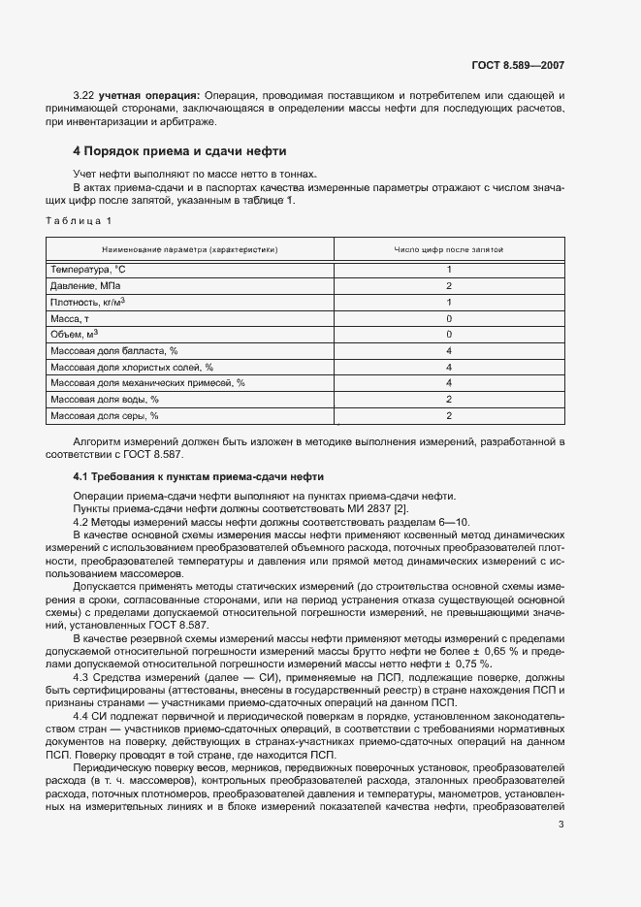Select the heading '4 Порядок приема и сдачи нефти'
tap(179, 152)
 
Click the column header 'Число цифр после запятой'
tap(448, 249)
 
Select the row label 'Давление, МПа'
tap(85, 286)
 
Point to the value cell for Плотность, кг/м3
tap(449, 303)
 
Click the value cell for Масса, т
tap(449, 318)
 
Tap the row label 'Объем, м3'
tap(76, 334)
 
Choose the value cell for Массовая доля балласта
tap(449, 350)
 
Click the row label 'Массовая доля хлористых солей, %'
tap(131, 367)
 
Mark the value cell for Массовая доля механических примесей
tap(449, 383)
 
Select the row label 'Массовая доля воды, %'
tap(104, 399)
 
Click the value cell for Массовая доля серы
tap(449, 415)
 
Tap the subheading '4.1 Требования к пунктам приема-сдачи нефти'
tap(199, 476)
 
